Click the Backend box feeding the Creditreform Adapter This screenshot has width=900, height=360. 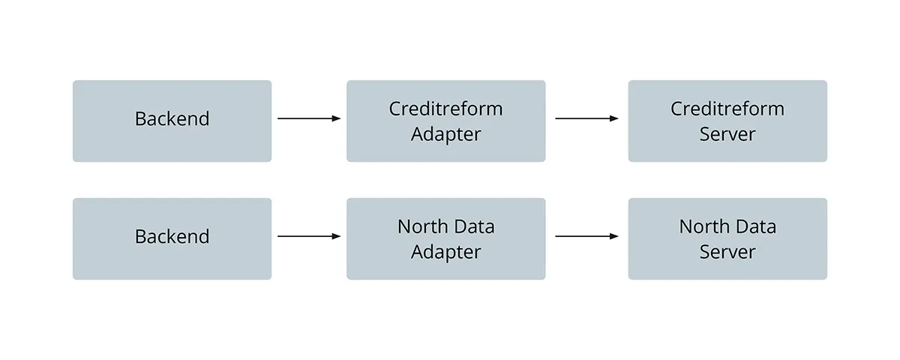(172, 121)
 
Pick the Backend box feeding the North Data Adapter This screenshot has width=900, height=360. (172, 238)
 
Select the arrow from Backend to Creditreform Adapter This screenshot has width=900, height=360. (307, 118)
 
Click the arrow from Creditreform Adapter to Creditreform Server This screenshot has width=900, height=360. (585, 118)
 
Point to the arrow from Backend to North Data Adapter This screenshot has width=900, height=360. (307, 236)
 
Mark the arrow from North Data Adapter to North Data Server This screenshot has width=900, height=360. (585, 236)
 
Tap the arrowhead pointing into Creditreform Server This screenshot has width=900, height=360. (614, 118)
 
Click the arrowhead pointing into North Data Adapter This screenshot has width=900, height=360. (336, 236)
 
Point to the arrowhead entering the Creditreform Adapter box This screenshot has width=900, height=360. (336, 118)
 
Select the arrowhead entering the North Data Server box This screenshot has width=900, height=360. (614, 236)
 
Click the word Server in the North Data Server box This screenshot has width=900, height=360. (727, 252)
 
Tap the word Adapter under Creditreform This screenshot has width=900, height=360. (445, 134)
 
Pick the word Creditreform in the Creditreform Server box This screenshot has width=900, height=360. (727, 109)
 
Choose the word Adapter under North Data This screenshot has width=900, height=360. (445, 252)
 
